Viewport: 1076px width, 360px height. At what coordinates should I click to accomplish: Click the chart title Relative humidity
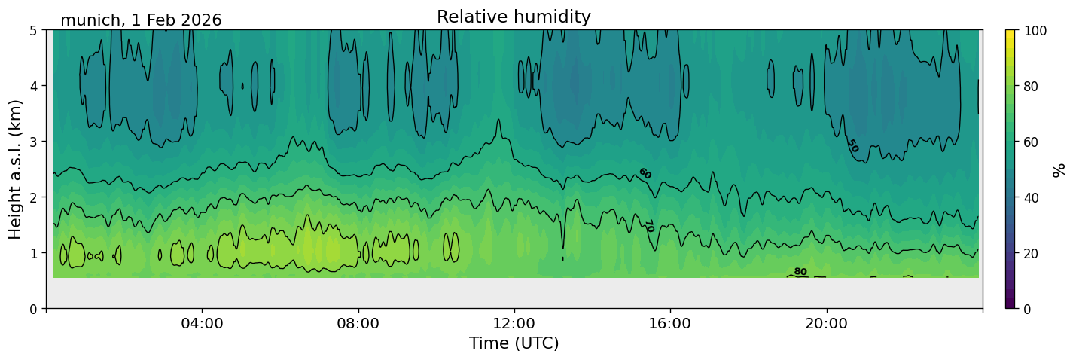(x=514, y=17)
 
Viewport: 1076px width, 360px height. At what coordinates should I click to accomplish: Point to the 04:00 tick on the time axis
(x=203, y=323)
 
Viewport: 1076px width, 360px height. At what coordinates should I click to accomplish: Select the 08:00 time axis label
(x=358, y=323)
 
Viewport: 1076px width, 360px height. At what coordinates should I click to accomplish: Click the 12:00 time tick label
(x=514, y=323)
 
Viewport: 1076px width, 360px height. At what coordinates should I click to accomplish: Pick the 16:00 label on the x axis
(x=670, y=323)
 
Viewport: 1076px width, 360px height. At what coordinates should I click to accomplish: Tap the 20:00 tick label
(x=827, y=323)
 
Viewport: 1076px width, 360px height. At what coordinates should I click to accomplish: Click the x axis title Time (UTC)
(x=514, y=343)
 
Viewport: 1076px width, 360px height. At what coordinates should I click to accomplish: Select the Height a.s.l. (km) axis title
(x=16, y=169)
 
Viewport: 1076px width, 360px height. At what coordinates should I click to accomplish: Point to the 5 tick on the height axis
(x=35, y=30)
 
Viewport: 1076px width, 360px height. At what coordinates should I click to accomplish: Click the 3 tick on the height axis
(x=35, y=142)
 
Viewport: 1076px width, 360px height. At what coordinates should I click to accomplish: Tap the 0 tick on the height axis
(x=35, y=309)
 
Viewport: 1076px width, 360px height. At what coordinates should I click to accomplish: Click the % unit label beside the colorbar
(x=1059, y=169)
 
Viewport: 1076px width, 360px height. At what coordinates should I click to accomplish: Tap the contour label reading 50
(x=852, y=145)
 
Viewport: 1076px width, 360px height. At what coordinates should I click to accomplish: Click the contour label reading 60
(x=645, y=173)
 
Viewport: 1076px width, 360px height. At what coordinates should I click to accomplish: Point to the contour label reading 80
(x=800, y=272)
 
